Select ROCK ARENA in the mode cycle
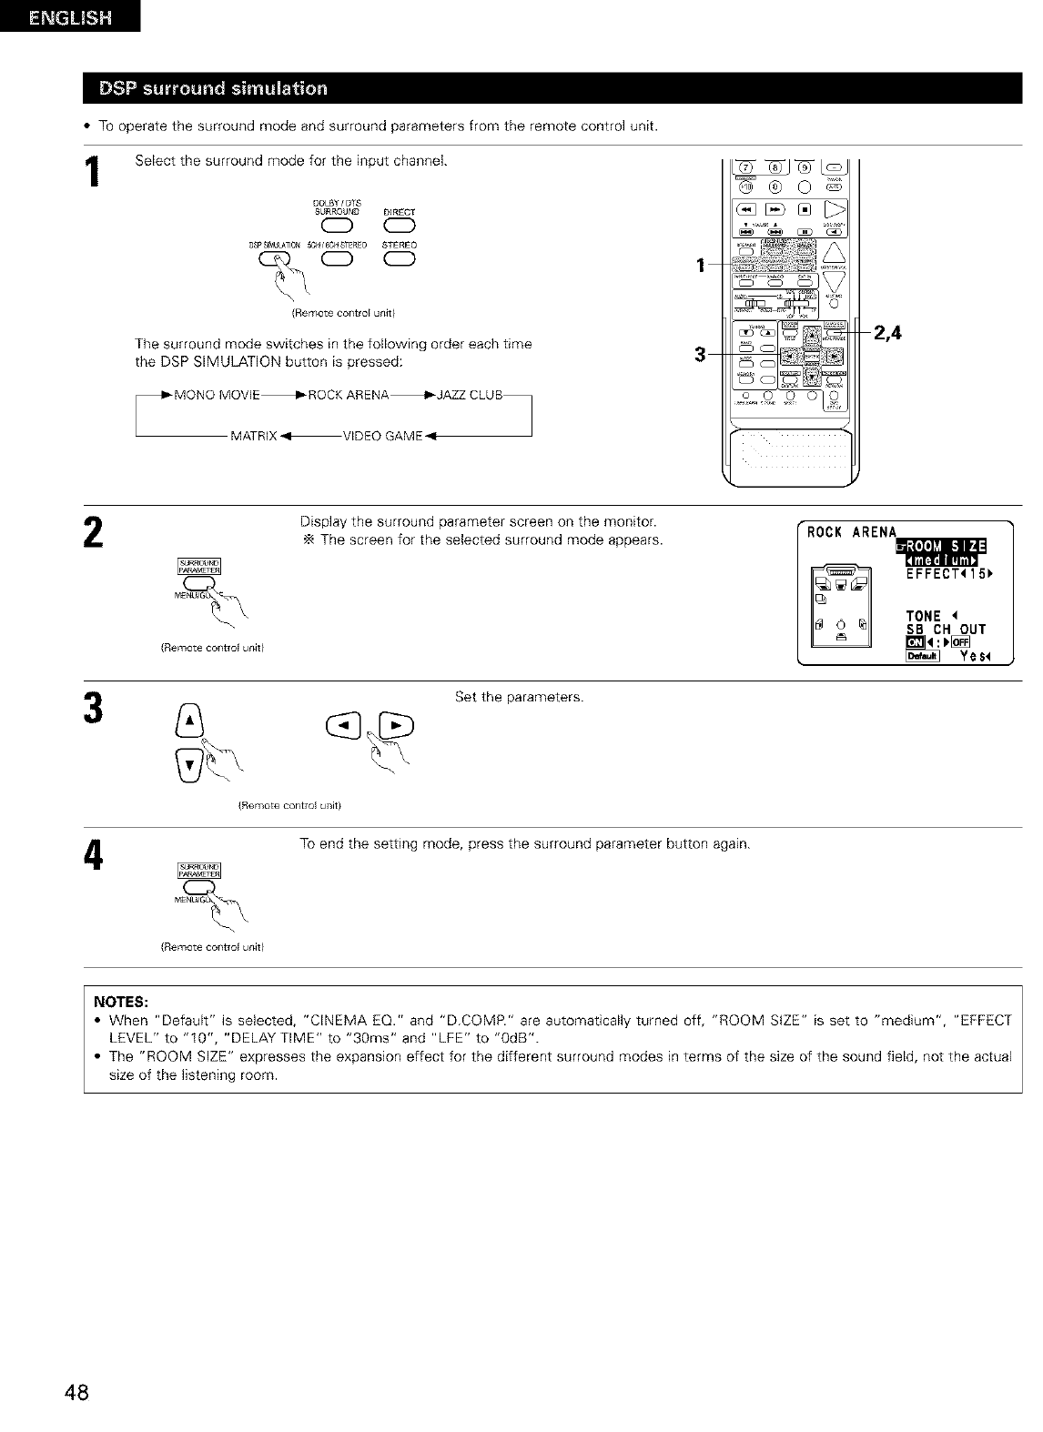point(349,394)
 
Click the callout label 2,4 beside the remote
point(887,333)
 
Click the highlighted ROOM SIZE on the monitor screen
point(947,546)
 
